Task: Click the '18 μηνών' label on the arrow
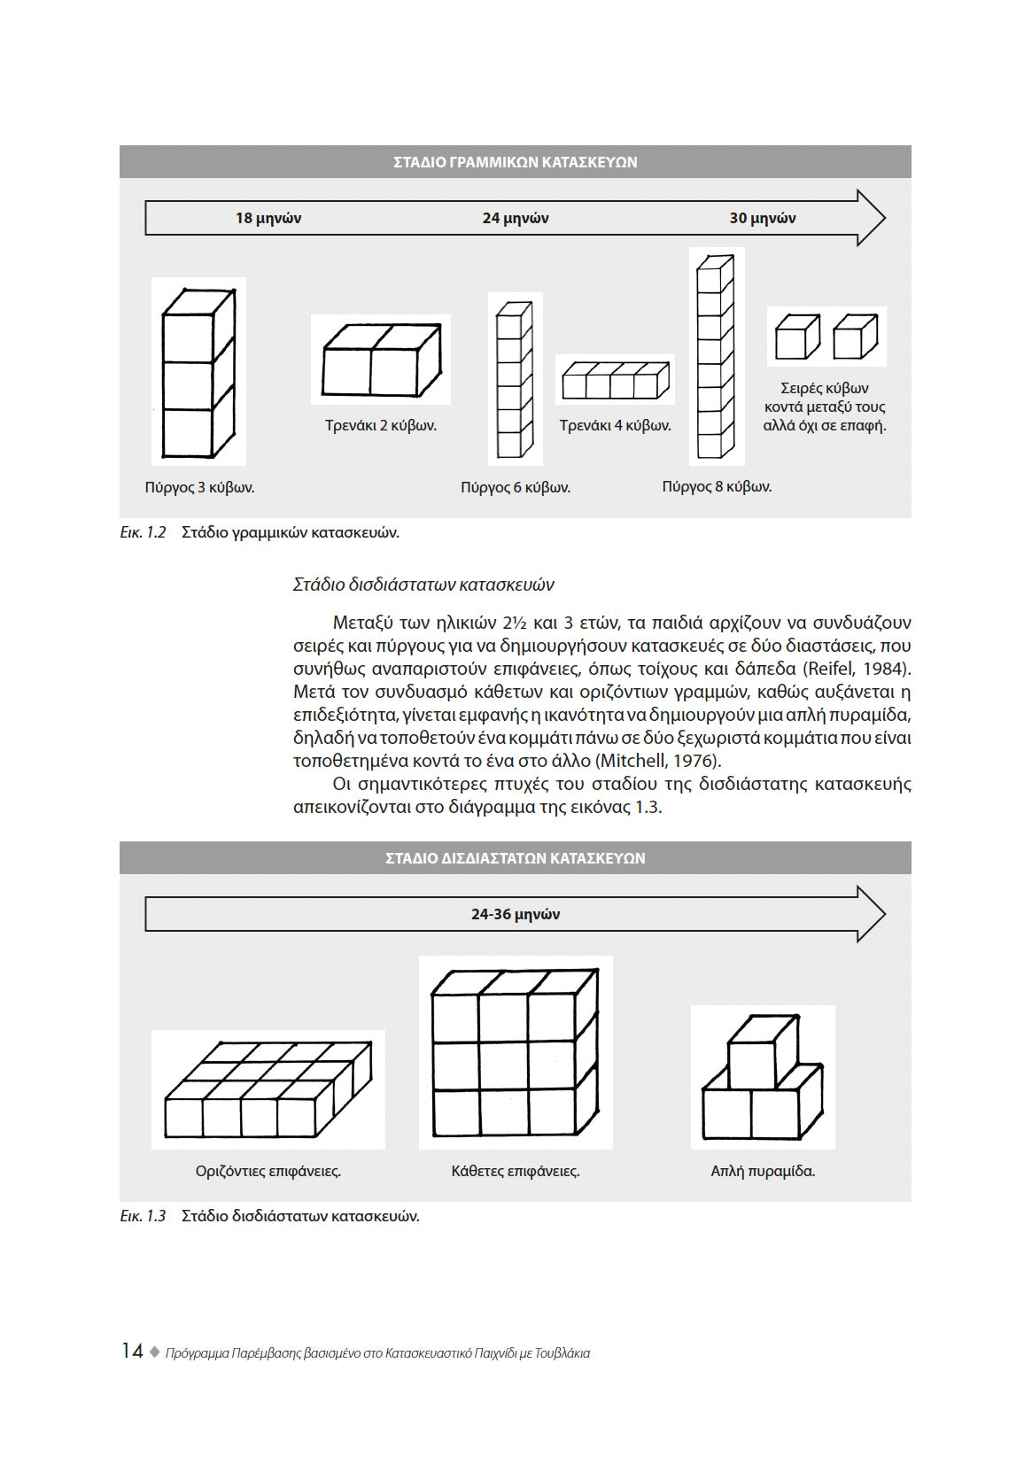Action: [x=268, y=218]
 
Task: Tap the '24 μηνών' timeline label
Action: [x=516, y=218]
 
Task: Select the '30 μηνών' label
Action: [x=762, y=218]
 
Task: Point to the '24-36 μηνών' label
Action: [x=516, y=914]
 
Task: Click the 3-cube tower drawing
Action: [x=198, y=372]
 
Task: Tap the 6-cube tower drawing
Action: [x=515, y=379]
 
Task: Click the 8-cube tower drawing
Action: [x=717, y=356]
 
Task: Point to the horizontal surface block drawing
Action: [x=268, y=1091]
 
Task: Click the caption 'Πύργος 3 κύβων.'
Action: [x=199, y=487]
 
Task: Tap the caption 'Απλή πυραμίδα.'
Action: [x=763, y=1171]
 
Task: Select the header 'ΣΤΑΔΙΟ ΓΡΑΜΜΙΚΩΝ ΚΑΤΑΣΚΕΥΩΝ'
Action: [x=515, y=162]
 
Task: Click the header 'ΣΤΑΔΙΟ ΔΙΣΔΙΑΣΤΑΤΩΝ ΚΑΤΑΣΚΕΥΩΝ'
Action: [x=515, y=858]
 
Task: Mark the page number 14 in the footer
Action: [x=132, y=1351]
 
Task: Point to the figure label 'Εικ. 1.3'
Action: [x=143, y=1215]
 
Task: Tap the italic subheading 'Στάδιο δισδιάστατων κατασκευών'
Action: [x=423, y=585]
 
